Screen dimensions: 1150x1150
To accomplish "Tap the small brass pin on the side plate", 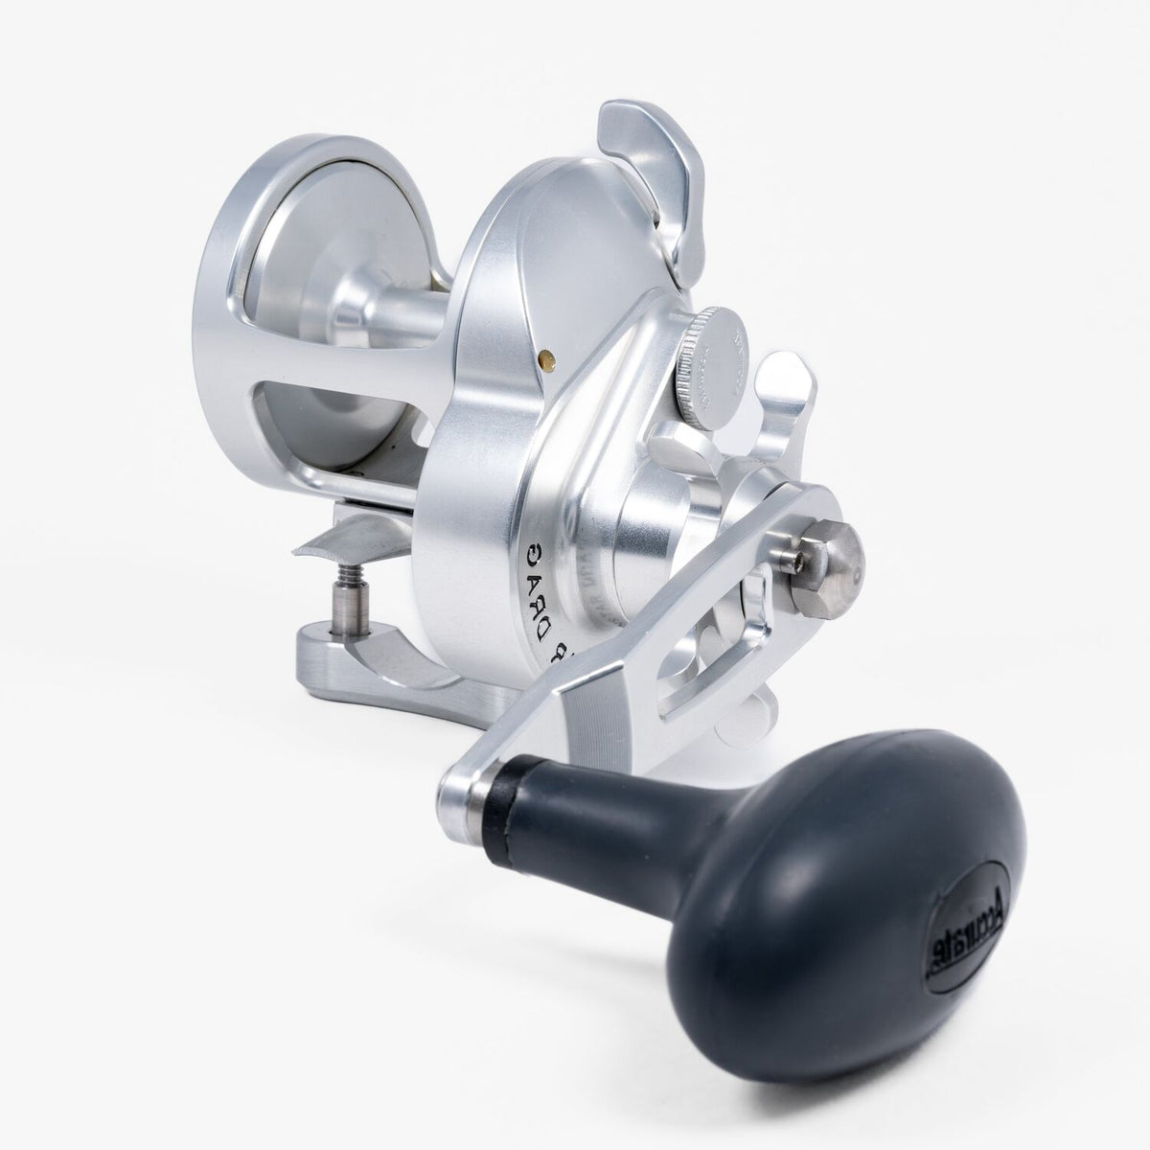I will pos(546,357).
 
